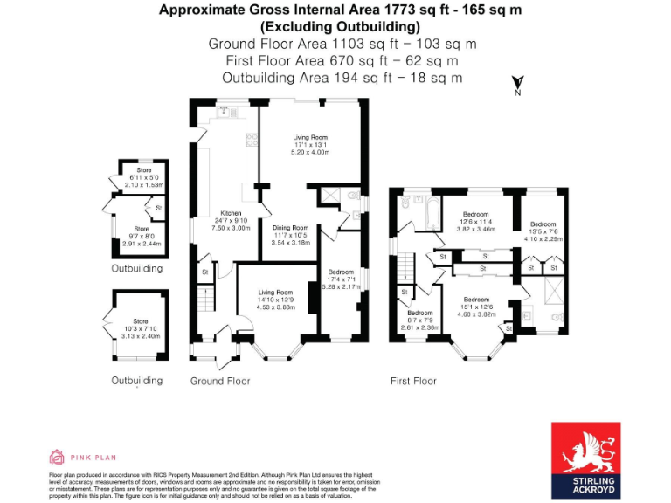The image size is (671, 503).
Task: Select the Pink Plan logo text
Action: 91,457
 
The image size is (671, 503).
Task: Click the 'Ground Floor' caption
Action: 220,382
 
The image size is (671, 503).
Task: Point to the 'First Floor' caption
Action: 413,382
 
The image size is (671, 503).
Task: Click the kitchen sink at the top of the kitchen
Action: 225,111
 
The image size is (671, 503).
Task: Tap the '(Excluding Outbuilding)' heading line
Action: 335,26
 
